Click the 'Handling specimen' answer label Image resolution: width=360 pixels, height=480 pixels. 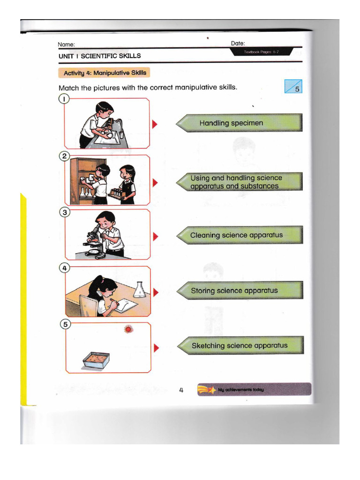[x=239, y=123]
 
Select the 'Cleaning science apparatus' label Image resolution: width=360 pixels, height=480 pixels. [x=239, y=235]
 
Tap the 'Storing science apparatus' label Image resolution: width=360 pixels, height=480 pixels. [x=239, y=291]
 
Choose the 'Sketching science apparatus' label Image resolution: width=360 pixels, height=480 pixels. [x=240, y=346]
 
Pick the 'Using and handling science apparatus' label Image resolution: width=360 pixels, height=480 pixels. [x=239, y=182]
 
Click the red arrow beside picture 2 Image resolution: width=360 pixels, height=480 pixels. [x=155, y=182]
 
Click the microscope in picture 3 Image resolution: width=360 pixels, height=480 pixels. [x=94, y=240]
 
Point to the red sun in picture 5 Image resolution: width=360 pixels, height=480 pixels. [x=128, y=330]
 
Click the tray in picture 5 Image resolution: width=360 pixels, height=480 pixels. [x=96, y=360]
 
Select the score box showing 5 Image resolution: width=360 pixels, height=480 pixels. [x=293, y=87]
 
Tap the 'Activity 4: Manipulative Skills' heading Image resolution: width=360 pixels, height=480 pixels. [x=105, y=73]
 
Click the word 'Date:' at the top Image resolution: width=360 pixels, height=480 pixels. [x=238, y=43]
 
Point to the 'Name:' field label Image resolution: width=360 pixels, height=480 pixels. [x=66, y=45]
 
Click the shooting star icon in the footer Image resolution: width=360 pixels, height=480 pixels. [x=207, y=390]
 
